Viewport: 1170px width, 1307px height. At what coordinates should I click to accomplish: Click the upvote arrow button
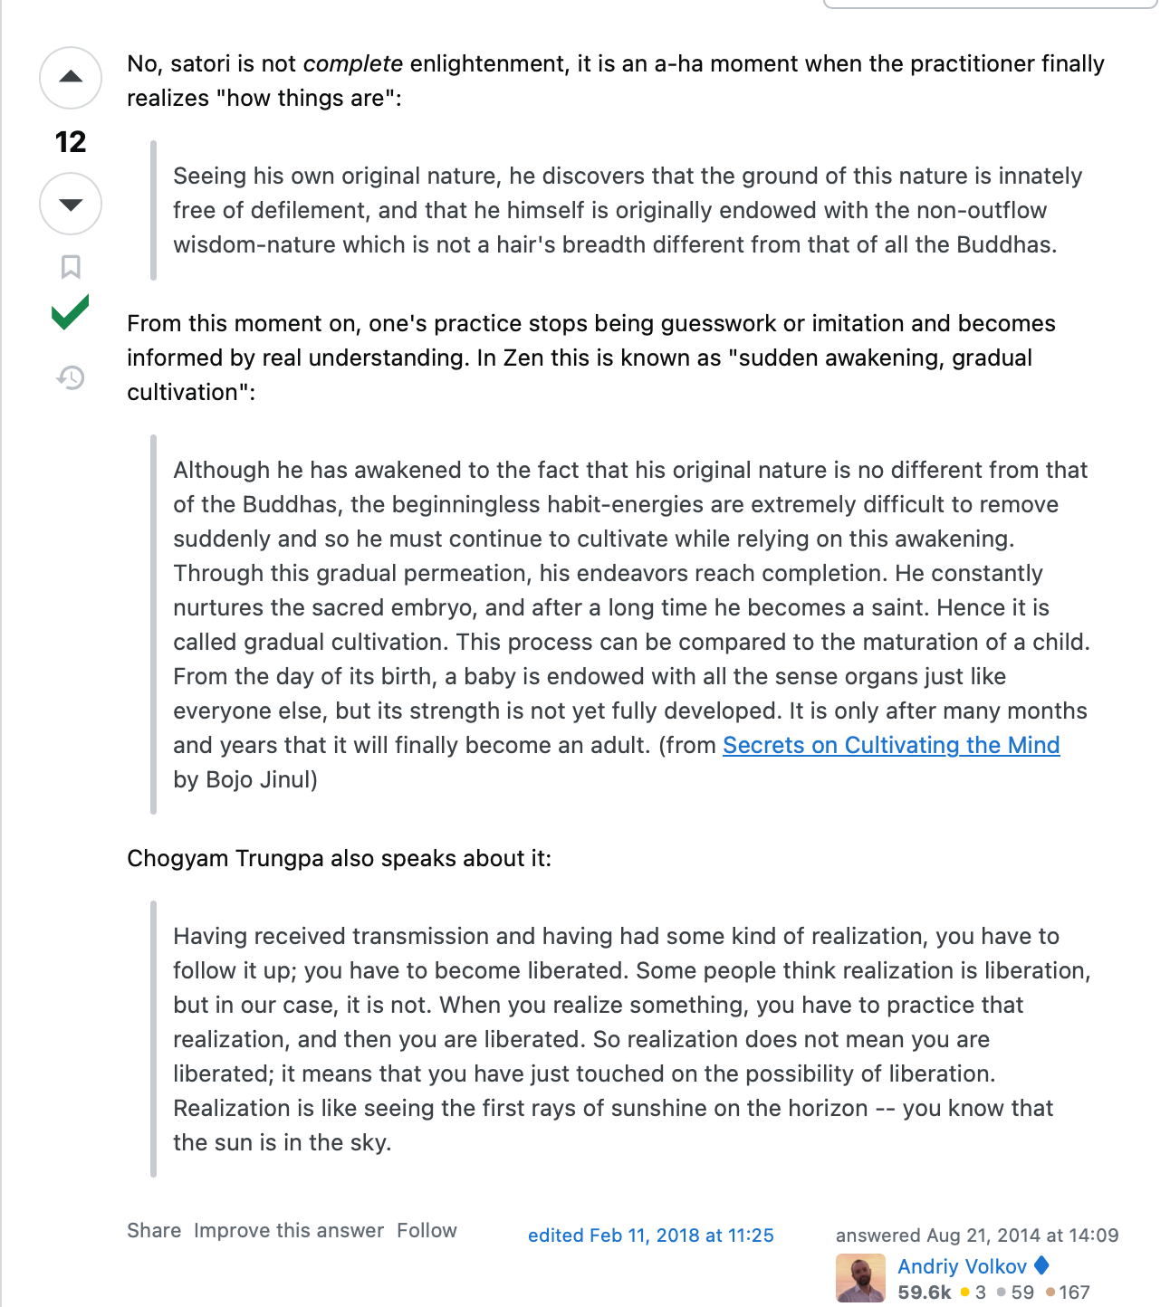(x=71, y=78)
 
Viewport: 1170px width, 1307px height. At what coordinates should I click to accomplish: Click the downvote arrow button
(x=71, y=204)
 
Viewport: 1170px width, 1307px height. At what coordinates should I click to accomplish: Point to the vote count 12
(x=71, y=142)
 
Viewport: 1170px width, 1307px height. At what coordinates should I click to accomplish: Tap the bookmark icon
(x=71, y=267)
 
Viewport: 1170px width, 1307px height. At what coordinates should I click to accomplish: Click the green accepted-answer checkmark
(x=71, y=313)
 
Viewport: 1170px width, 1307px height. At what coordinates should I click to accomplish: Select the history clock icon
(x=71, y=377)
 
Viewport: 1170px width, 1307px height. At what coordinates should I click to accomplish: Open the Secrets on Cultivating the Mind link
(x=890, y=745)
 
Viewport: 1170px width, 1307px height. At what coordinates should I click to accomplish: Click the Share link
(x=154, y=1231)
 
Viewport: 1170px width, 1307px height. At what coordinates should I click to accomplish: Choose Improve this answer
(x=289, y=1231)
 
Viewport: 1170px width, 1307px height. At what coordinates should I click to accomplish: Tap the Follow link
(x=427, y=1231)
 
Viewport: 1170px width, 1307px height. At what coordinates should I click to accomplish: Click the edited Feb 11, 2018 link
(x=650, y=1235)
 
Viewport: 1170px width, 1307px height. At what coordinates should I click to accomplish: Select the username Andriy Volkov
(x=962, y=1266)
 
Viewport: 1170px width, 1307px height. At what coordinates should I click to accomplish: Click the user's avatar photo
(x=860, y=1278)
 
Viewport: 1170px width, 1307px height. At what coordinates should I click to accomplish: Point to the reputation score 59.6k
(x=924, y=1293)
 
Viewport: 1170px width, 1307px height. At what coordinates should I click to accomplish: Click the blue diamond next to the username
(x=1041, y=1265)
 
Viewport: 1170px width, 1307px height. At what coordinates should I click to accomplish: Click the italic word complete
(x=352, y=64)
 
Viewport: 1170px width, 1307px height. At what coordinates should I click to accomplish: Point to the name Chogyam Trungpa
(x=225, y=858)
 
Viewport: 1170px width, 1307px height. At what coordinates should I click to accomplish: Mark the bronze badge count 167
(x=1073, y=1293)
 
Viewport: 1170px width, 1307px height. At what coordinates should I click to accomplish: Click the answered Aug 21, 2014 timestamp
(x=976, y=1235)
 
